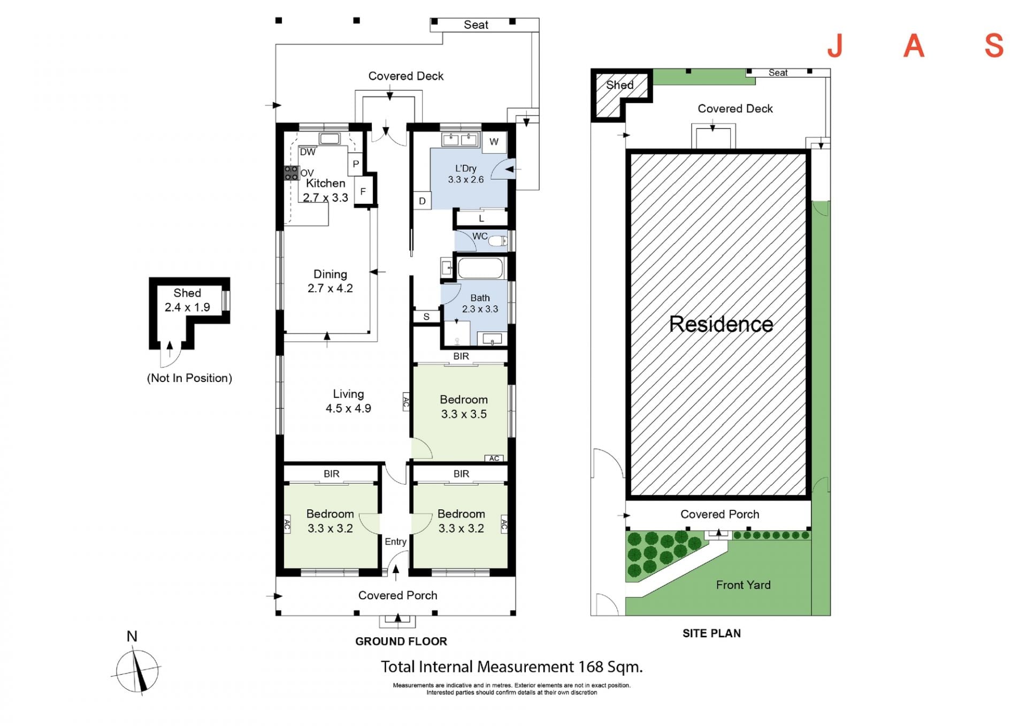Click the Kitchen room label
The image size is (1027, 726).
325,183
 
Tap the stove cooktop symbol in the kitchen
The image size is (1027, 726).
291,173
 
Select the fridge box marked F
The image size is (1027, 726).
363,191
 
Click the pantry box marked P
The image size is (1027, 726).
355,164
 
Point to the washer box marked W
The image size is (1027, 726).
494,142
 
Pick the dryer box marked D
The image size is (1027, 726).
422,201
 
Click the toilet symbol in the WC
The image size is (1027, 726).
498,241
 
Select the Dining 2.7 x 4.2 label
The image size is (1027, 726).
330,281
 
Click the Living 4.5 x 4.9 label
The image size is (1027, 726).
348,401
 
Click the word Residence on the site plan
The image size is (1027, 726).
721,324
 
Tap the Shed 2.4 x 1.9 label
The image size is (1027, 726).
187,300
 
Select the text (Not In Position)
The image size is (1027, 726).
189,378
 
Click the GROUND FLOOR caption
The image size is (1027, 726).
401,641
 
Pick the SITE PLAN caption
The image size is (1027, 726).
711,633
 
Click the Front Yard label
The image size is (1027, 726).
743,585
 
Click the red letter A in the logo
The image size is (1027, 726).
914,46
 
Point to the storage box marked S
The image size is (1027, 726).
426,317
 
